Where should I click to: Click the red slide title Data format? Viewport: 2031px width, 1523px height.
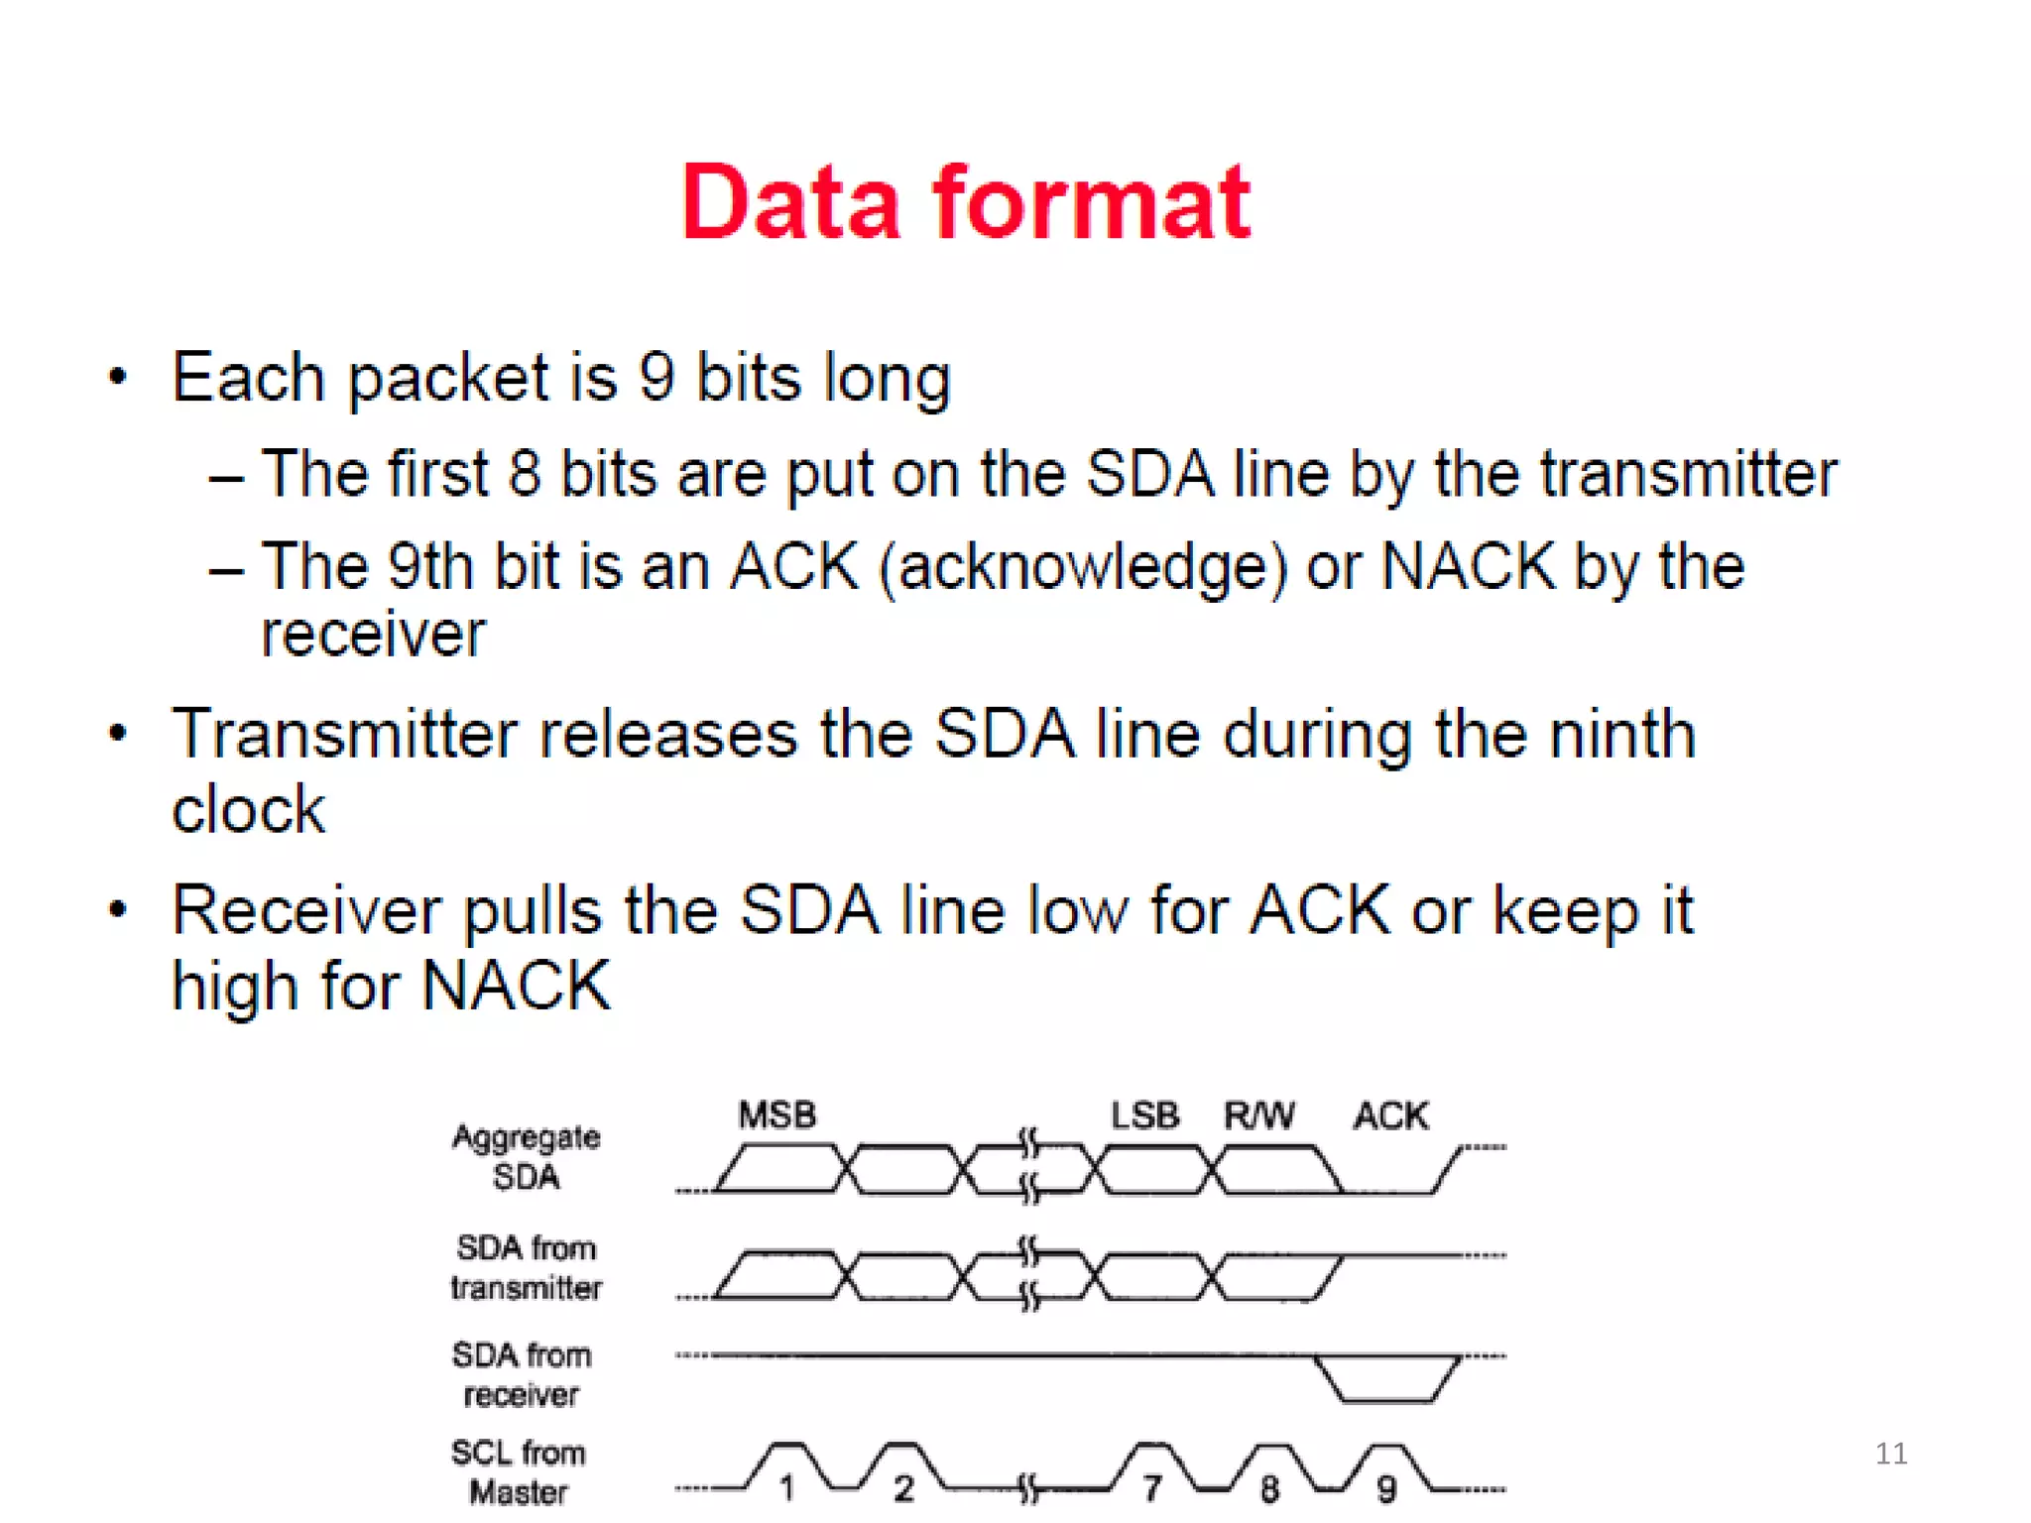pyautogui.click(x=966, y=203)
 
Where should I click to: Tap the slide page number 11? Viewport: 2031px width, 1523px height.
pyautogui.click(x=1890, y=1454)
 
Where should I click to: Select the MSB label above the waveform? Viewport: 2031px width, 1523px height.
pyautogui.click(x=777, y=1115)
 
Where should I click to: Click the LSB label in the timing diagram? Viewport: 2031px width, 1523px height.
pyautogui.click(x=1144, y=1115)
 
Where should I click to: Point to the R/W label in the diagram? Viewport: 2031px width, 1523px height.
pyautogui.click(x=1258, y=1115)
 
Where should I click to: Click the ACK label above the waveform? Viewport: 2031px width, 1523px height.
pyautogui.click(x=1390, y=1116)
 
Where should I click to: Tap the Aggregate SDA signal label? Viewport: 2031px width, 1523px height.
pyautogui.click(x=526, y=1157)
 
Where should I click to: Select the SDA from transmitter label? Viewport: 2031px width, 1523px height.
pyautogui.click(x=526, y=1267)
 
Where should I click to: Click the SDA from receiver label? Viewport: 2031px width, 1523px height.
pyautogui.click(x=522, y=1374)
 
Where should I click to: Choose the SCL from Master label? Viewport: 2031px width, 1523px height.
pyautogui.click(x=519, y=1472)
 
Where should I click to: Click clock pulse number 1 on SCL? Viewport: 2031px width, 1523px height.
pyautogui.click(x=786, y=1487)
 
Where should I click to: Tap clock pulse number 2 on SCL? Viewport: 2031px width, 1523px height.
pyautogui.click(x=902, y=1487)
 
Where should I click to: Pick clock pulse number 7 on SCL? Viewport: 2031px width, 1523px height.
pyautogui.click(x=1151, y=1487)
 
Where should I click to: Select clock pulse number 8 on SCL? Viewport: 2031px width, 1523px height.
pyautogui.click(x=1269, y=1487)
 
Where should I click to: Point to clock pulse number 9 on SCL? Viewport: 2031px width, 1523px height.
pyautogui.click(x=1386, y=1487)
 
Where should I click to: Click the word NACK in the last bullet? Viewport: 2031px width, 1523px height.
pyautogui.click(x=516, y=986)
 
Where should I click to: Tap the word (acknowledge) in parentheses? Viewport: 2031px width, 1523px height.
pyautogui.click(x=1083, y=568)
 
